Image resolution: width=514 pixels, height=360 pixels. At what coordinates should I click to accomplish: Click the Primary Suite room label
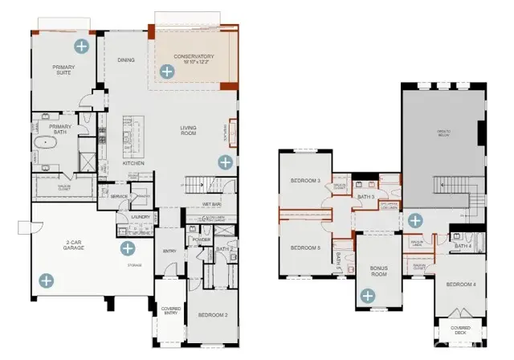(x=62, y=70)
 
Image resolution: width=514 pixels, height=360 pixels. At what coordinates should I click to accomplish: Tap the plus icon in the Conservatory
(x=166, y=72)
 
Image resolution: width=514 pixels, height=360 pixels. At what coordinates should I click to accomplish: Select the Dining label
(x=126, y=59)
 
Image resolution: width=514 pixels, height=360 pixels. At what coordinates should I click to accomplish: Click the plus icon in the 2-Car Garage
(x=47, y=280)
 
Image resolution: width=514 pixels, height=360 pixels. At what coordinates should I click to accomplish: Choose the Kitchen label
(x=133, y=163)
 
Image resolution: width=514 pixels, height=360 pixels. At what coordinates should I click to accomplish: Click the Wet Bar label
(x=210, y=204)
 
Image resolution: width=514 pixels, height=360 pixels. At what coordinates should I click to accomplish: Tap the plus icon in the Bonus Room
(x=368, y=297)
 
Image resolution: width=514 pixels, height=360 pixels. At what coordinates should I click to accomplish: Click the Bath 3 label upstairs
(x=366, y=196)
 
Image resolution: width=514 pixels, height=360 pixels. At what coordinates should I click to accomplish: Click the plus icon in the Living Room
(x=225, y=162)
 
